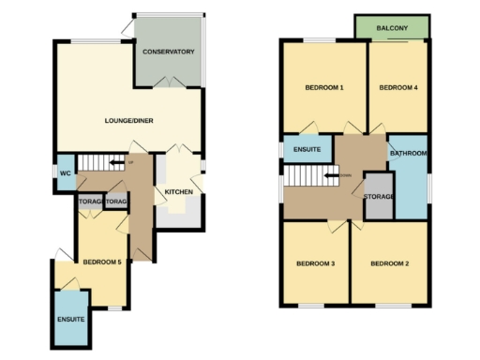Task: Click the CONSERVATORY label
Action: (x=168, y=52)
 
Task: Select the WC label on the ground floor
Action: (x=66, y=173)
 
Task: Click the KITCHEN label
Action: (x=179, y=192)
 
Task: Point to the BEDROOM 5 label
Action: (x=102, y=262)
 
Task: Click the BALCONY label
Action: (x=393, y=29)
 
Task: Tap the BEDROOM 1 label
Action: (x=324, y=88)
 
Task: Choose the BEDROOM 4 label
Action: (x=397, y=88)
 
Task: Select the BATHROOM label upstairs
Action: (x=409, y=153)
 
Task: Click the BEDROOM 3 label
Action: (x=317, y=263)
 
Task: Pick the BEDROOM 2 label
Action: (x=389, y=263)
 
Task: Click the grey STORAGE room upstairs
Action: (x=379, y=196)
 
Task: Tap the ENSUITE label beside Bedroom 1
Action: (x=307, y=149)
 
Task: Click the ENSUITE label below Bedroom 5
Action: (x=70, y=320)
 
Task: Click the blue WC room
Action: (x=65, y=166)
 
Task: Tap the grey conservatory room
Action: (x=169, y=66)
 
